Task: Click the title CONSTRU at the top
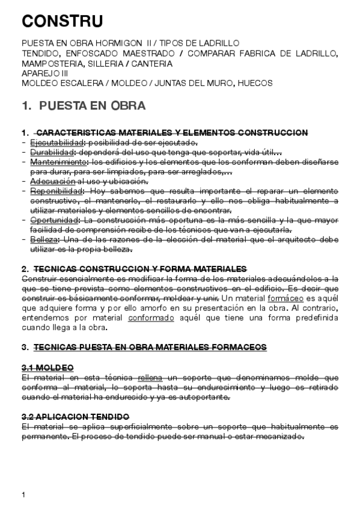click(x=62, y=22)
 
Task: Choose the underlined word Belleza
click(x=43, y=239)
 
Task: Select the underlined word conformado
click(x=151, y=318)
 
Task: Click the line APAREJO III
click(x=44, y=73)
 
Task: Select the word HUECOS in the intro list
click(x=255, y=82)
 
